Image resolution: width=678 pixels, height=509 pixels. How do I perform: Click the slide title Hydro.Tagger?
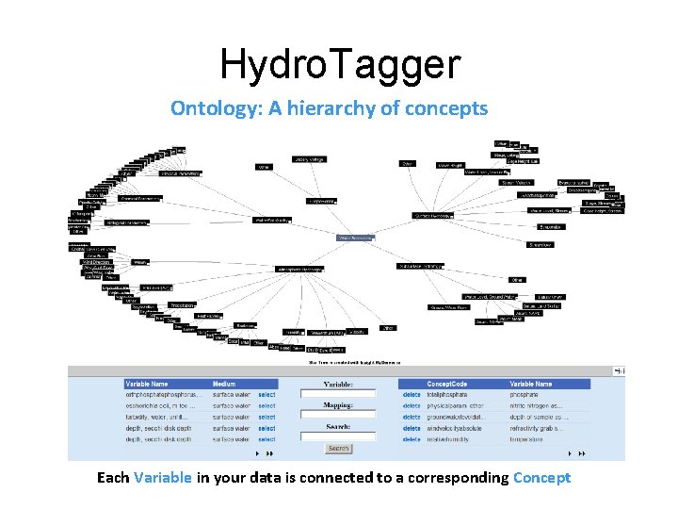(x=339, y=64)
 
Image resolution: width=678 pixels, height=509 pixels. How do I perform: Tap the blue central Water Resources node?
(x=357, y=238)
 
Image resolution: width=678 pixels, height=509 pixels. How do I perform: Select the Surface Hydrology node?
(x=432, y=216)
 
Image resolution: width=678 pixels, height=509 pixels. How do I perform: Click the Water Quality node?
(x=271, y=220)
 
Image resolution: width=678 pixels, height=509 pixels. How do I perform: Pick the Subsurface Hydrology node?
(x=420, y=267)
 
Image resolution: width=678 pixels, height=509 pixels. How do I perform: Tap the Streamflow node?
(x=541, y=245)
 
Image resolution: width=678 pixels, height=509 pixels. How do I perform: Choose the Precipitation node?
(x=183, y=304)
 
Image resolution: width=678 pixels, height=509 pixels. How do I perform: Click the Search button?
(x=339, y=449)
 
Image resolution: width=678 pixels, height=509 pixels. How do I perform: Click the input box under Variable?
(x=338, y=394)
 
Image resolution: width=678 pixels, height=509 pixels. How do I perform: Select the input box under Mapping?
(x=338, y=416)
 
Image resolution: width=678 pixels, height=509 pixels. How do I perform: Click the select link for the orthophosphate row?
(x=266, y=394)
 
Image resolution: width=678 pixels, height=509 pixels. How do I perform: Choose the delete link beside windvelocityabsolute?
(x=412, y=428)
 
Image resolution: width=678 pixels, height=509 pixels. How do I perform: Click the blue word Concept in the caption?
(x=541, y=478)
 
